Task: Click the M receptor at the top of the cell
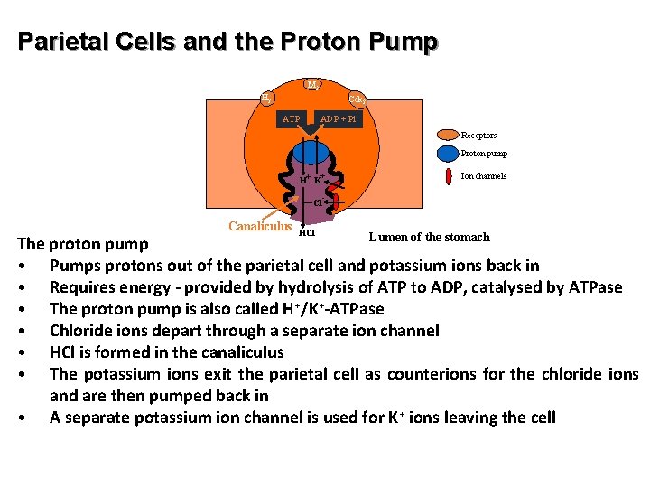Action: pos(311,85)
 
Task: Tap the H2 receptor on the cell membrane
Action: pos(265,98)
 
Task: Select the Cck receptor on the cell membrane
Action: pos(357,99)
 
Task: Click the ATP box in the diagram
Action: pos(292,118)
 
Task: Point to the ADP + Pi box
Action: pos(339,118)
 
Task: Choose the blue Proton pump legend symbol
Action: pos(448,153)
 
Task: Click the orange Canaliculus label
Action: pos(260,226)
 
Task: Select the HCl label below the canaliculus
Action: pos(307,231)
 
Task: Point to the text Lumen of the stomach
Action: pos(429,237)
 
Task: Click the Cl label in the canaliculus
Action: pos(319,203)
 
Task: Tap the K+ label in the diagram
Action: pos(319,178)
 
